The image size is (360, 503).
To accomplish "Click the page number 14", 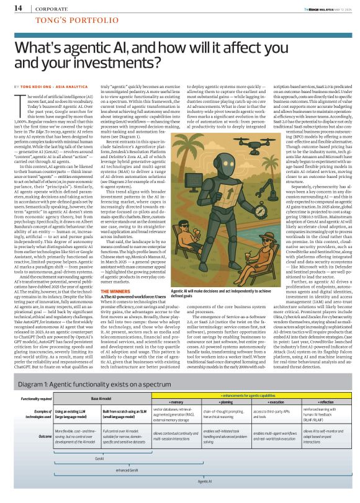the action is click(x=19, y=8).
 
